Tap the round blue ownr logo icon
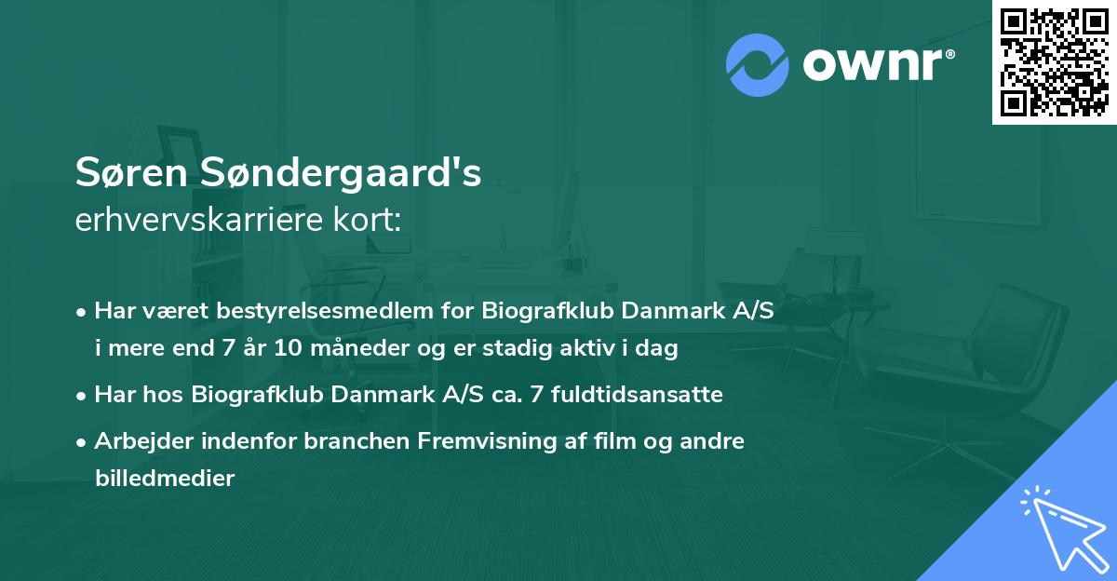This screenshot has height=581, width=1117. (x=756, y=64)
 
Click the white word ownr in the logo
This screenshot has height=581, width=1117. (x=876, y=65)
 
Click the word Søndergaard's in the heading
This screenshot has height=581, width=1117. (x=337, y=174)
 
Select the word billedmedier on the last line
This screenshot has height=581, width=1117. (x=164, y=479)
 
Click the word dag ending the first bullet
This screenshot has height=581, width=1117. (x=659, y=349)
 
